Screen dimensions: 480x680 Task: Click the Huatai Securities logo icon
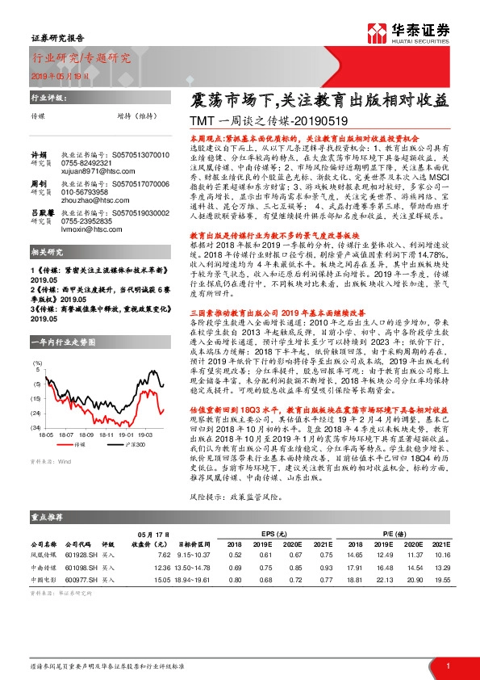point(378,31)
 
